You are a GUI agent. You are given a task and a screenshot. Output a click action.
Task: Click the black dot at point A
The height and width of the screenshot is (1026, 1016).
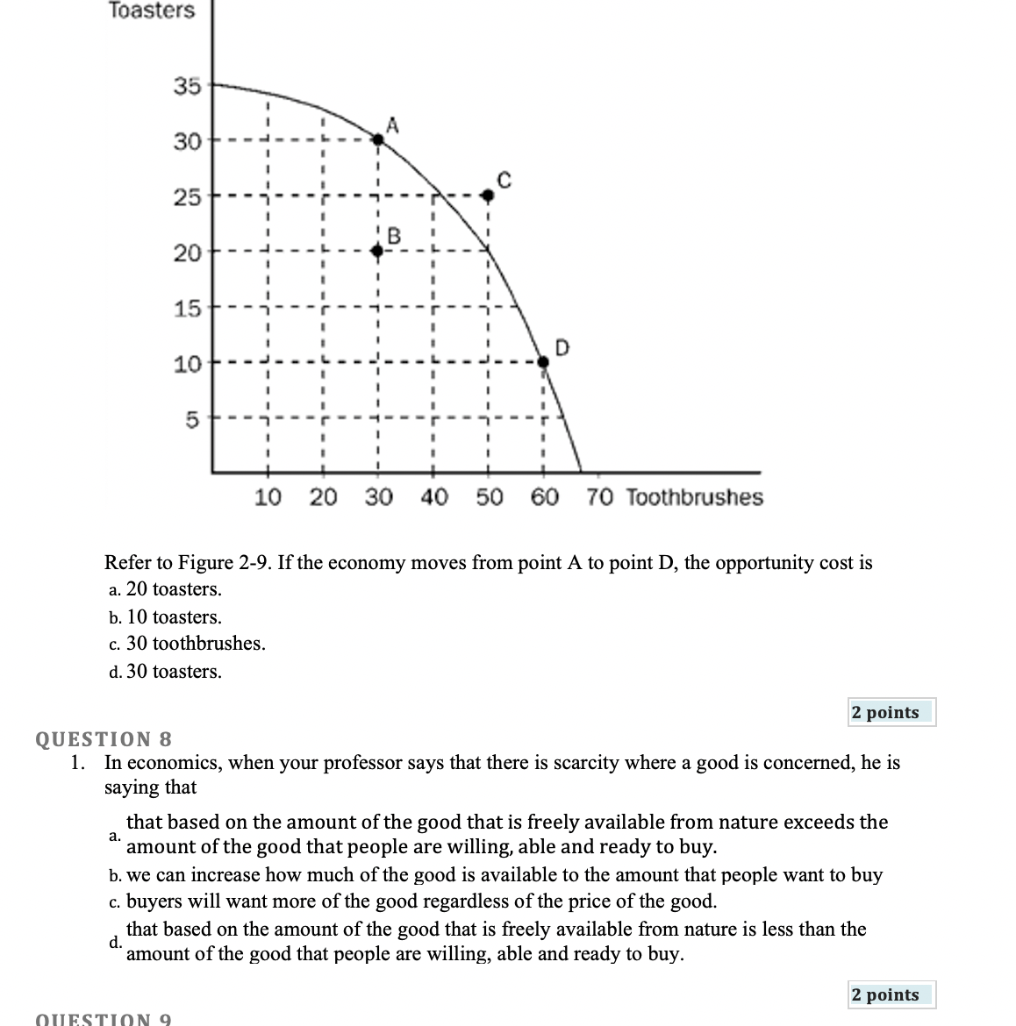click(377, 139)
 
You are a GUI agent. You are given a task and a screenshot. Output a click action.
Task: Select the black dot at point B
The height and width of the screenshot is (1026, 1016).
click(377, 250)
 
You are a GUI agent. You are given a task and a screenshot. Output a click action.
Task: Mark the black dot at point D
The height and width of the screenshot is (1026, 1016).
click(543, 360)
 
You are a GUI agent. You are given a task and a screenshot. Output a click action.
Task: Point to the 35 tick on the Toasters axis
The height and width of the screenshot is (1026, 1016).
click(186, 86)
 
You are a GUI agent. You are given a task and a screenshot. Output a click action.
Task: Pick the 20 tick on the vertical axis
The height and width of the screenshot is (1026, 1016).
click(186, 253)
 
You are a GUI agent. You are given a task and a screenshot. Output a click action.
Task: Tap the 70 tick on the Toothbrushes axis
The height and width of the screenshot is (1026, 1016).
click(599, 497)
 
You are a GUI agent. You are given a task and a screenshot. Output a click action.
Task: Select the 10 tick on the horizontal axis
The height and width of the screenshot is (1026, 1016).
click(268, 497)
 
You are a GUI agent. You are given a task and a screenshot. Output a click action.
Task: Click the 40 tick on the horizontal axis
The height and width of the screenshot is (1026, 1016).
click(433, 497)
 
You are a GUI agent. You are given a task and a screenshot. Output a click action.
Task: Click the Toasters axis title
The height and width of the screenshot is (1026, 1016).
click(152, 11)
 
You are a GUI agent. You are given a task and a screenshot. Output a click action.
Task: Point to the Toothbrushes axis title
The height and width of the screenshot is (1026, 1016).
click(695, 497)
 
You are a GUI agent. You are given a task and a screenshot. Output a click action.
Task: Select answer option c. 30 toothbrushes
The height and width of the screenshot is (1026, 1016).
click(187, 644)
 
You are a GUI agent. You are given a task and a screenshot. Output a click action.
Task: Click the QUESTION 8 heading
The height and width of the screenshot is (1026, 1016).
click(104, 738)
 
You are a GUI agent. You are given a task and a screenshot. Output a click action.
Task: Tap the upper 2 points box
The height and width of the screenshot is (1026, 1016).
click(891, 712)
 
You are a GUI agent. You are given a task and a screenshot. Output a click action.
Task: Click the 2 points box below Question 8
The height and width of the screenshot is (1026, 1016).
click(891, 994)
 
